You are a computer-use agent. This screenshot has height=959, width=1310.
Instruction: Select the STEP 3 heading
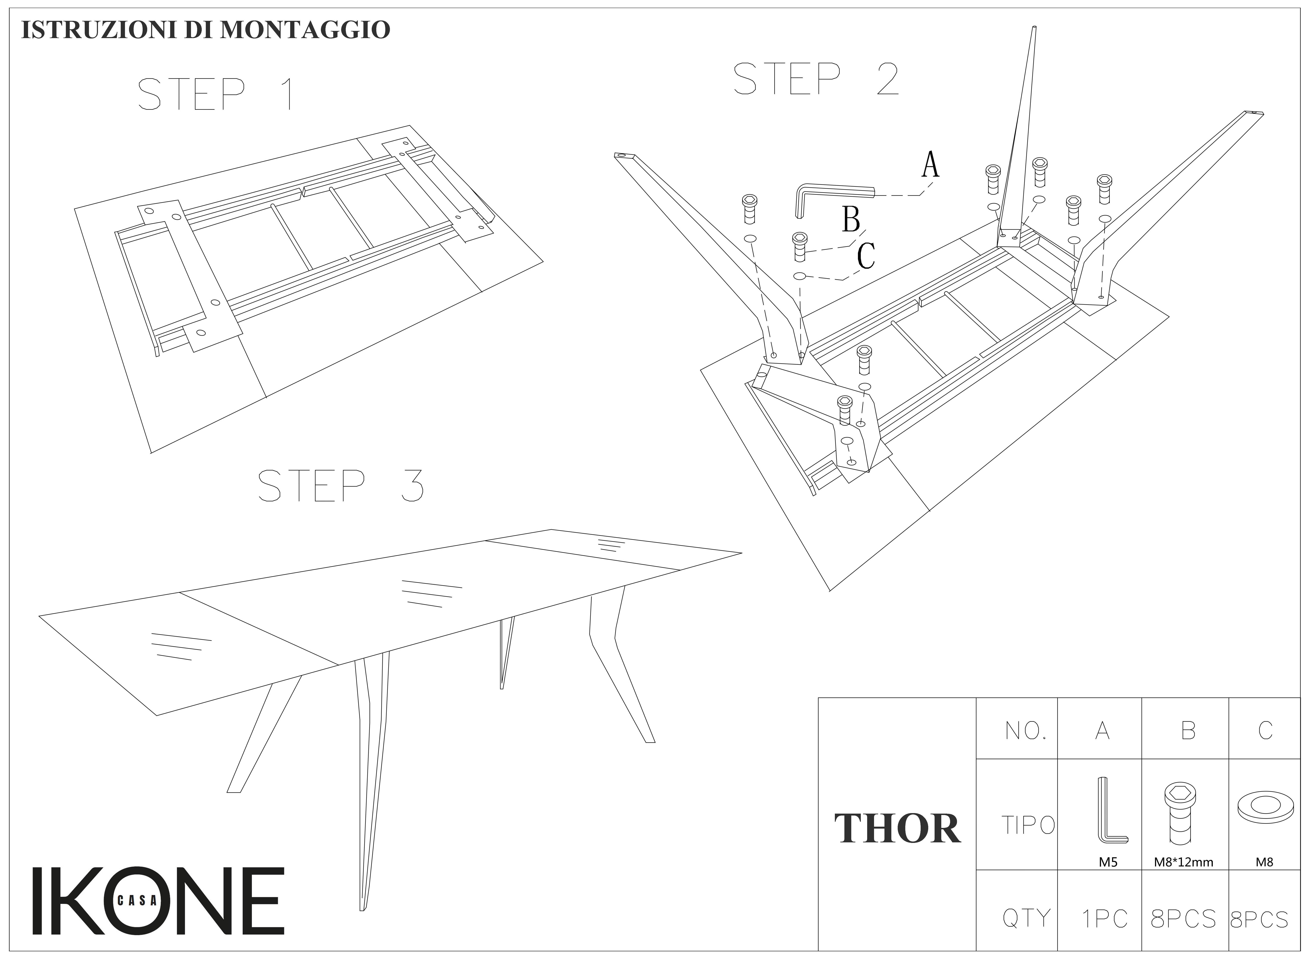tap(341, 486)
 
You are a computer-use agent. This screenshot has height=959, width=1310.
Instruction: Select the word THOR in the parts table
tap(897, 829)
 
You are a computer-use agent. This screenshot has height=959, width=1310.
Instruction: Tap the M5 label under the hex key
tap(1108, 862)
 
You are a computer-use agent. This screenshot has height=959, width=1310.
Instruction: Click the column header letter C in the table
tap(1265, 730)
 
